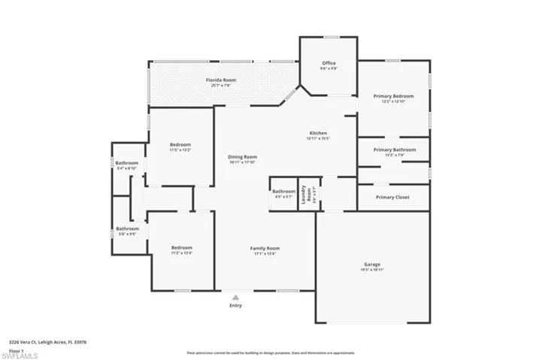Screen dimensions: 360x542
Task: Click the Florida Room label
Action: [x=221, y=80]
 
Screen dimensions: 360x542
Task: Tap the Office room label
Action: [x=329, y=63]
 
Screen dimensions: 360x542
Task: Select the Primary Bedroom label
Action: [x=394, y=96]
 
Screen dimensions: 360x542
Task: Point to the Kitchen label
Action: [x=318, y=133]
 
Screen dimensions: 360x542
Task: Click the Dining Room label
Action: [x=242, y=157]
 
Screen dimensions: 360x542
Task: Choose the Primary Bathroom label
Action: [x=395, y=150]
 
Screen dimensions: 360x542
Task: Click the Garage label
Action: [x=371, y=265]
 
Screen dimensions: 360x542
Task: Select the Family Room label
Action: [x=265, y=248]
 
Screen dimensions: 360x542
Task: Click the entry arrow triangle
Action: [x=236, y=297]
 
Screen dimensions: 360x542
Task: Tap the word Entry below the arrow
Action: [x=236, y=306]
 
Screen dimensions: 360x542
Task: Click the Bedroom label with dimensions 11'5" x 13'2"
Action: [x=180, y=145]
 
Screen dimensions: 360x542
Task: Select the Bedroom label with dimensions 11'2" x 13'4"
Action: [x=181, y=248]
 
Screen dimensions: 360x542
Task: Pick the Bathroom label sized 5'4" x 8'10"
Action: [x=127, y=163]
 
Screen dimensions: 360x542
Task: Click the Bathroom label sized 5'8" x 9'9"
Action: [x=127, y=228]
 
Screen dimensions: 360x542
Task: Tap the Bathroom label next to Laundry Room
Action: [x=283, y=192]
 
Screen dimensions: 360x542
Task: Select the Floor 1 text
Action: [x=15, y=349]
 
